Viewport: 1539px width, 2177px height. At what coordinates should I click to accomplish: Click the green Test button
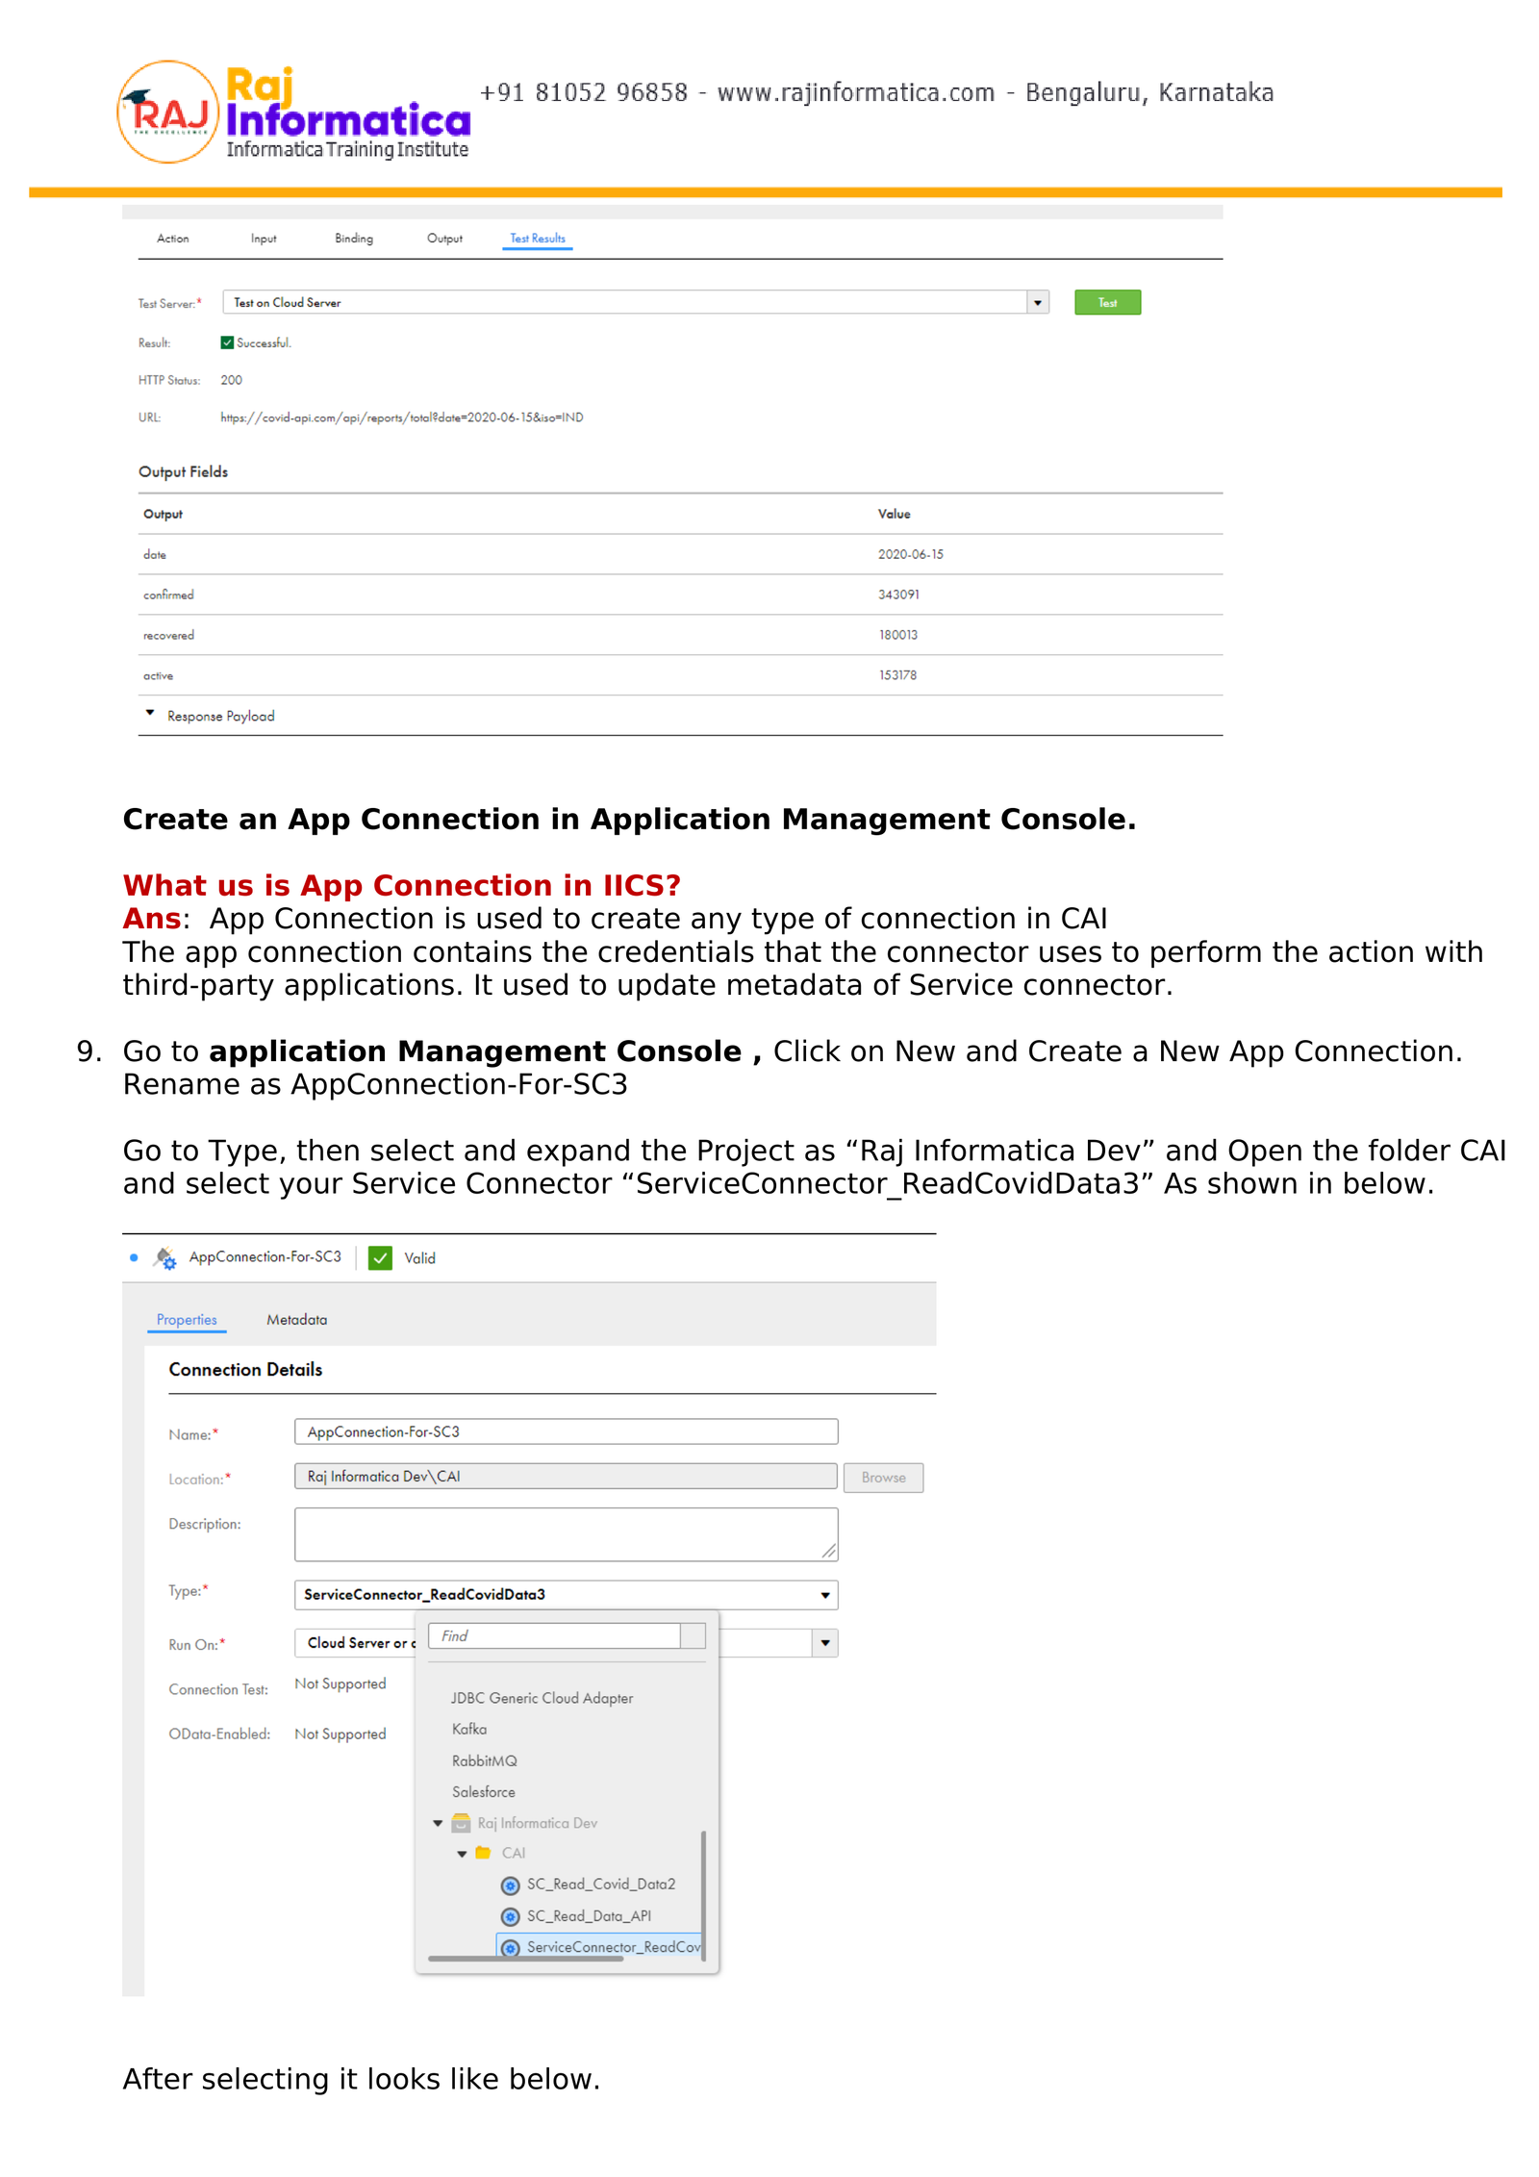1106,302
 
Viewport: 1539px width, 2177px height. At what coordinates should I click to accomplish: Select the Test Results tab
537,239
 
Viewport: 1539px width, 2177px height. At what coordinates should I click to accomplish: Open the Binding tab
353,239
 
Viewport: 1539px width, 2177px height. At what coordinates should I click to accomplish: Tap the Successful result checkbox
227,342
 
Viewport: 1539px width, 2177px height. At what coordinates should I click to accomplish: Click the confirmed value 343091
897,595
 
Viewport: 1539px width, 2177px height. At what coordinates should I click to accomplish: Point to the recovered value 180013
897,635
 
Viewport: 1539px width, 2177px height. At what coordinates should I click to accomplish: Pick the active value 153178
897,675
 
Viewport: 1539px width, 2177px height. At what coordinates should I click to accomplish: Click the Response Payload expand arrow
150,714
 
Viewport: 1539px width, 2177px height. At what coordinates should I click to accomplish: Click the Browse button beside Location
882,1477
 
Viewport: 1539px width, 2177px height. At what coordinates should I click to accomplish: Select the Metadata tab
296,1320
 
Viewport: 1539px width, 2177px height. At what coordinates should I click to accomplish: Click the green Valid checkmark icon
380,1257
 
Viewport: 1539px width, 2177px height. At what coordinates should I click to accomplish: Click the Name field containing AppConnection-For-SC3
566,1431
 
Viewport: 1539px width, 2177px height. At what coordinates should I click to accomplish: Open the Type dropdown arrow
824,1595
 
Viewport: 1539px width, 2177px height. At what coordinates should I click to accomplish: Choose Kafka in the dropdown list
469,1729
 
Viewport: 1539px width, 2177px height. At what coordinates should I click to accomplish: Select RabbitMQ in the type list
484,1760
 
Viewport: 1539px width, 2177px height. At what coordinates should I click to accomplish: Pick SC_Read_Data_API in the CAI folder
588,1915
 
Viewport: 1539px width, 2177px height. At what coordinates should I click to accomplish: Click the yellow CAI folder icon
483,1853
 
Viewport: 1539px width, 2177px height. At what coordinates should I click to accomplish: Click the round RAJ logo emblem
167,113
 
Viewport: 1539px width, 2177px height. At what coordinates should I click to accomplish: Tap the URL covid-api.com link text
401,418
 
